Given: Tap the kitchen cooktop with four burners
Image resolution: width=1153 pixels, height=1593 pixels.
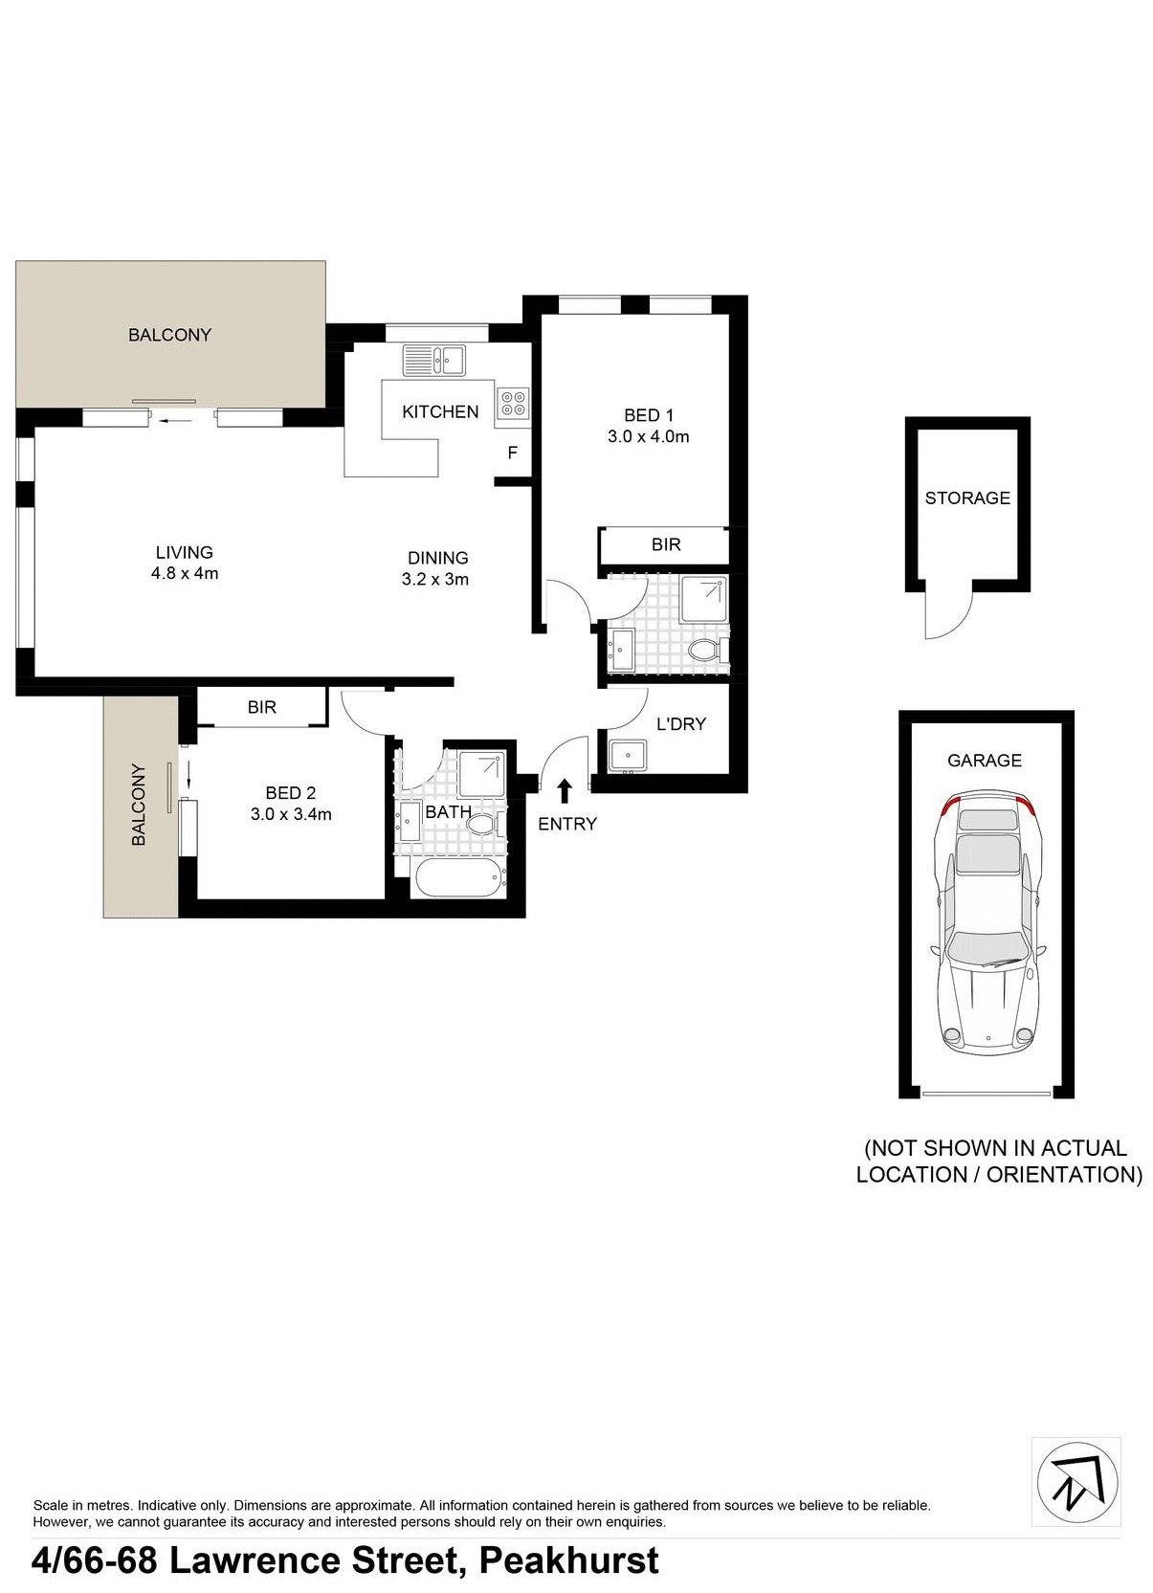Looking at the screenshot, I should [513, 404].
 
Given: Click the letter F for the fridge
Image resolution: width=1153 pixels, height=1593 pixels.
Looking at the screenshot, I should [512, 454].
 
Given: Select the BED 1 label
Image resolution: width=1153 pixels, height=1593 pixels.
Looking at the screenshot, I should [649, 415].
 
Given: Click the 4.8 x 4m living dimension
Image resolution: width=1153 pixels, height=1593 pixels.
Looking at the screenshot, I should [185, 574].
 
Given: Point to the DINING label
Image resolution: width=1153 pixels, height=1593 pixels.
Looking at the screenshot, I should [437, 558].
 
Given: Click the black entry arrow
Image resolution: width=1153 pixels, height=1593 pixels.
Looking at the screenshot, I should [565, 790].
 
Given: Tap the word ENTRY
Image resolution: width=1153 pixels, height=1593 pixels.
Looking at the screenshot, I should [567, 824].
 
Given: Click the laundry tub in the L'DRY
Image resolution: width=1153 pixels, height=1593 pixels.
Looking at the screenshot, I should [628, 755].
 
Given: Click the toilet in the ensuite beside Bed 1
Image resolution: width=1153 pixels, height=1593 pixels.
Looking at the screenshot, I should [706, 651].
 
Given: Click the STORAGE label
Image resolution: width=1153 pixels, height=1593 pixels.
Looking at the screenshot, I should [967, 498].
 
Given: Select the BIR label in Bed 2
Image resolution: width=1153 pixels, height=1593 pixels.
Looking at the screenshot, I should [261, 708].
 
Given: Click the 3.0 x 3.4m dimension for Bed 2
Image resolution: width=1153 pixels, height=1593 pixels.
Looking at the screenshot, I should [291, 815].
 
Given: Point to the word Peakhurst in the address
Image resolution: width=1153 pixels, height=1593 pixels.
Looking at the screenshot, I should [568, 1561].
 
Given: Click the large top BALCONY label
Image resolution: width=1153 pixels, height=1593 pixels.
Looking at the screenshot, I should [169, 335].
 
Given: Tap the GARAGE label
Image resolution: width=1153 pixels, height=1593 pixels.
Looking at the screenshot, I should [985, 761].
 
